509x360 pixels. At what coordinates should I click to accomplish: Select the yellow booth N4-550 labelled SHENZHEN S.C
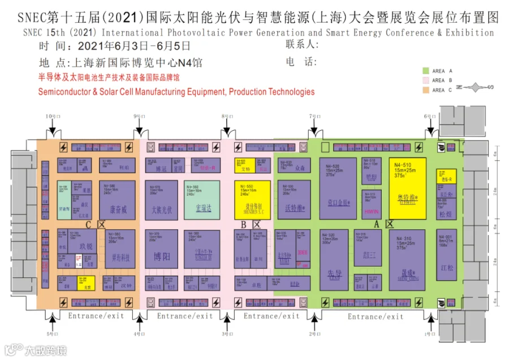pos(252,200)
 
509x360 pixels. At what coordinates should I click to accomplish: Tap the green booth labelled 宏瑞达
pos(201,200)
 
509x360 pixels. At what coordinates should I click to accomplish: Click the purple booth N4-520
pos(338,188)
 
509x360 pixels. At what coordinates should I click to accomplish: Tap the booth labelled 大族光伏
pos(161,200)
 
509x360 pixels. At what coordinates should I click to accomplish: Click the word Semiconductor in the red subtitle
pos(63,92)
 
